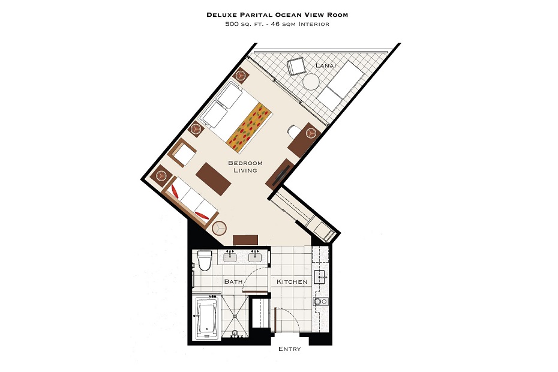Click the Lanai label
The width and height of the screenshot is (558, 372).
click(x=326, y=65)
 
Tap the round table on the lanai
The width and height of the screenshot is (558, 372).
click(x=311, y=82)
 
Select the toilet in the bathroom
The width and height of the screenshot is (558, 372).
click(x=205, y=261)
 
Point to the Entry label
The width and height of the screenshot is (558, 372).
click(x=290, y=349)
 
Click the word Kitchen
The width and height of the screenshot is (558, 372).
click(x=292, y=281)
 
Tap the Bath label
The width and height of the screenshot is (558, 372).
click(x=233, y=281)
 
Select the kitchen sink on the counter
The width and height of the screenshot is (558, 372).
click(x=320, y=277)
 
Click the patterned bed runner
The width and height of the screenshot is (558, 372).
click(x=249, y=127)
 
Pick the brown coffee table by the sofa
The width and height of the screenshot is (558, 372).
click(x=214, y=179)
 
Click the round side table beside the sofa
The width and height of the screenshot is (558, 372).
click(x=219, y=228)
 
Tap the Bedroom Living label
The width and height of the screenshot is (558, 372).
click(x=245, y=167)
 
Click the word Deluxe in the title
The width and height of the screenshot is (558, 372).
click(x=221, y=15)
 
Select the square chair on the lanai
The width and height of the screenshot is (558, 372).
click(x=296, y=67)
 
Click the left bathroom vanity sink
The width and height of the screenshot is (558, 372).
click(x=230, y=256)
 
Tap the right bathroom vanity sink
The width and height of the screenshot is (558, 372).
click(x=255, y=256)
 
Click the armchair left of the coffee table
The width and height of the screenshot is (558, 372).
click(x=184, y=152)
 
